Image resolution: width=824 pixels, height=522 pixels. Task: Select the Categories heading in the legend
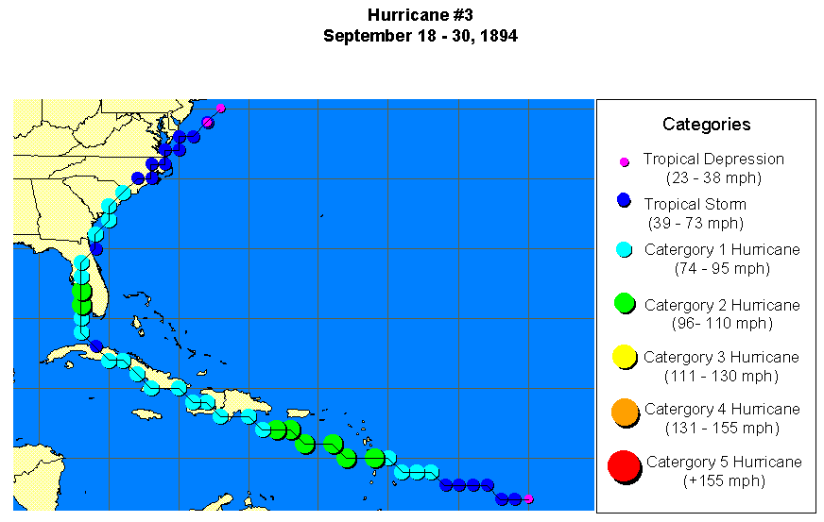[x=706, y=124]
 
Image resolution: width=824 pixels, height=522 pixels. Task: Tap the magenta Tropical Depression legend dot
[x=624, y=162]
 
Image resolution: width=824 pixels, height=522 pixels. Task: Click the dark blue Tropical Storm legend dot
[x=623, y=200]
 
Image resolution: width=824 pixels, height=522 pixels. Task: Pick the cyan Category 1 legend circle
[x=624, y=250]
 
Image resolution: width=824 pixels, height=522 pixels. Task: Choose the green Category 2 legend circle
[x=624, y=303]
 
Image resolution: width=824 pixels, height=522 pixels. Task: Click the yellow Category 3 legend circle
[x=624, y=356]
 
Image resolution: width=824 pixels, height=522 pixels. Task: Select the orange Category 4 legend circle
[x=624, y=411]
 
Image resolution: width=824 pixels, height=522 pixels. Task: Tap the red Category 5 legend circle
[x=624, y=465]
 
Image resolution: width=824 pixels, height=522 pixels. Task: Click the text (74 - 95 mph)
[x=722, y=268]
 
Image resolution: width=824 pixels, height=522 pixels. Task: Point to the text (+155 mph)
[x=723, y=480]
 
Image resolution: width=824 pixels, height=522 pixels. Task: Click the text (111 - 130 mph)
[x=721, y=376]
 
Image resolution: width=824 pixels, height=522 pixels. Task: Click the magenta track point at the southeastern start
[x=528, y=498]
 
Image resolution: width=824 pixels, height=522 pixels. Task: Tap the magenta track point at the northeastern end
[x=220, y=108]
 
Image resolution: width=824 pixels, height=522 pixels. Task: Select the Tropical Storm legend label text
[x=695, y=204]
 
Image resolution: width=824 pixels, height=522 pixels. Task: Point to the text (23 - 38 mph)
[x=714, y=177]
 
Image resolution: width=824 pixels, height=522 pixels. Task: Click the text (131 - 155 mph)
[x=722, y=428]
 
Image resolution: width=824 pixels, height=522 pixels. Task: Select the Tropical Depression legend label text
[x=713, y=160]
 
